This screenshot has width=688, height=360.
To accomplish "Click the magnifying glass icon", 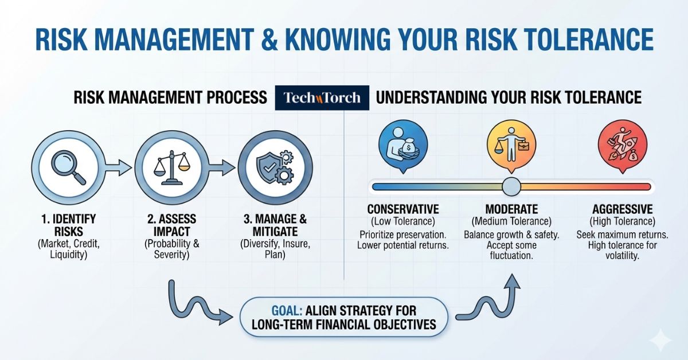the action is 68,167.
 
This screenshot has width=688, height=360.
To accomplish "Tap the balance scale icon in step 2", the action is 171,167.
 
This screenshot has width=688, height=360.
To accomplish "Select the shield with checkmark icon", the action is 275,167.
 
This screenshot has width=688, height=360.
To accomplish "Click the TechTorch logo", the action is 322,97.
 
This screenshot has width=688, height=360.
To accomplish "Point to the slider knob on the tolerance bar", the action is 511,186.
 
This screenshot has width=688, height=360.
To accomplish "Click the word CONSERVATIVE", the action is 403,209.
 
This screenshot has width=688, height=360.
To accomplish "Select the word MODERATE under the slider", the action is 511,209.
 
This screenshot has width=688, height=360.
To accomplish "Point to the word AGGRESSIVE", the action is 623,209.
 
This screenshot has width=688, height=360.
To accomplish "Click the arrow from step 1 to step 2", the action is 118,168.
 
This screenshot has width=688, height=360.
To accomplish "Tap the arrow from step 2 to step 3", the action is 222,168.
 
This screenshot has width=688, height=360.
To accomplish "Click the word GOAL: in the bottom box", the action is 287,311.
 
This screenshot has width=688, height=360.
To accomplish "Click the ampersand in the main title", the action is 269,40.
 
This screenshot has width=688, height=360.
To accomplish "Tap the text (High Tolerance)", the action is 623,221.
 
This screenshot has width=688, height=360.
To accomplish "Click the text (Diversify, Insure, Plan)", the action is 275,249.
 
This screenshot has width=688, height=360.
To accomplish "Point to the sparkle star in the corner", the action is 660,340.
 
